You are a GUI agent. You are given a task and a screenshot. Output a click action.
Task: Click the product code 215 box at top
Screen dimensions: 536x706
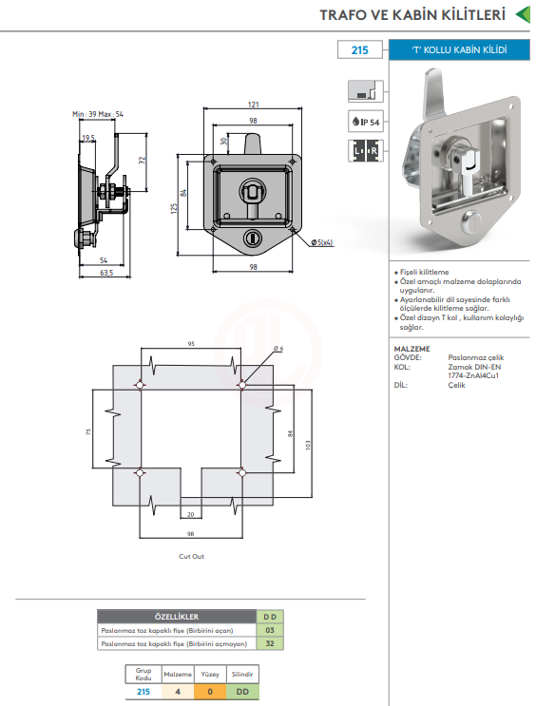[x=360, y=50]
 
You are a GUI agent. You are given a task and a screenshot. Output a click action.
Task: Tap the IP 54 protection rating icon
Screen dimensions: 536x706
[x=366, y=121]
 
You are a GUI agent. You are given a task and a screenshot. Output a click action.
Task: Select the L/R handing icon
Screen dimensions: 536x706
[x=366, y=151]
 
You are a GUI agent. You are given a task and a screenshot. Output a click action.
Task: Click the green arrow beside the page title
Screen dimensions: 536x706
[x=523, y=14]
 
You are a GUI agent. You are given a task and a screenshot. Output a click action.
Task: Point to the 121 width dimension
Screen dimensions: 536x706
[x=253, y=105]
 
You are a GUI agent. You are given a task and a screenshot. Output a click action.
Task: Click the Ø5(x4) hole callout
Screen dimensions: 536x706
[x=321, y=242]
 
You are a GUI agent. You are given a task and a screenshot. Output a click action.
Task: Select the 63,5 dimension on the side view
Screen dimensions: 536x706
[x=106, y=273]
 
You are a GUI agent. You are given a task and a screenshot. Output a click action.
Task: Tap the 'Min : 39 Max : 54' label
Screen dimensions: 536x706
[x=98, y=114]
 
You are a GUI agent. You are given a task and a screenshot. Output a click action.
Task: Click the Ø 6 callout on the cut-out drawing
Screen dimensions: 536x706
[x=278, y=349]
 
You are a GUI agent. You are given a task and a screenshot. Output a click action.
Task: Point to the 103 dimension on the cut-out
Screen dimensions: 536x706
[x=308, y=445]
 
